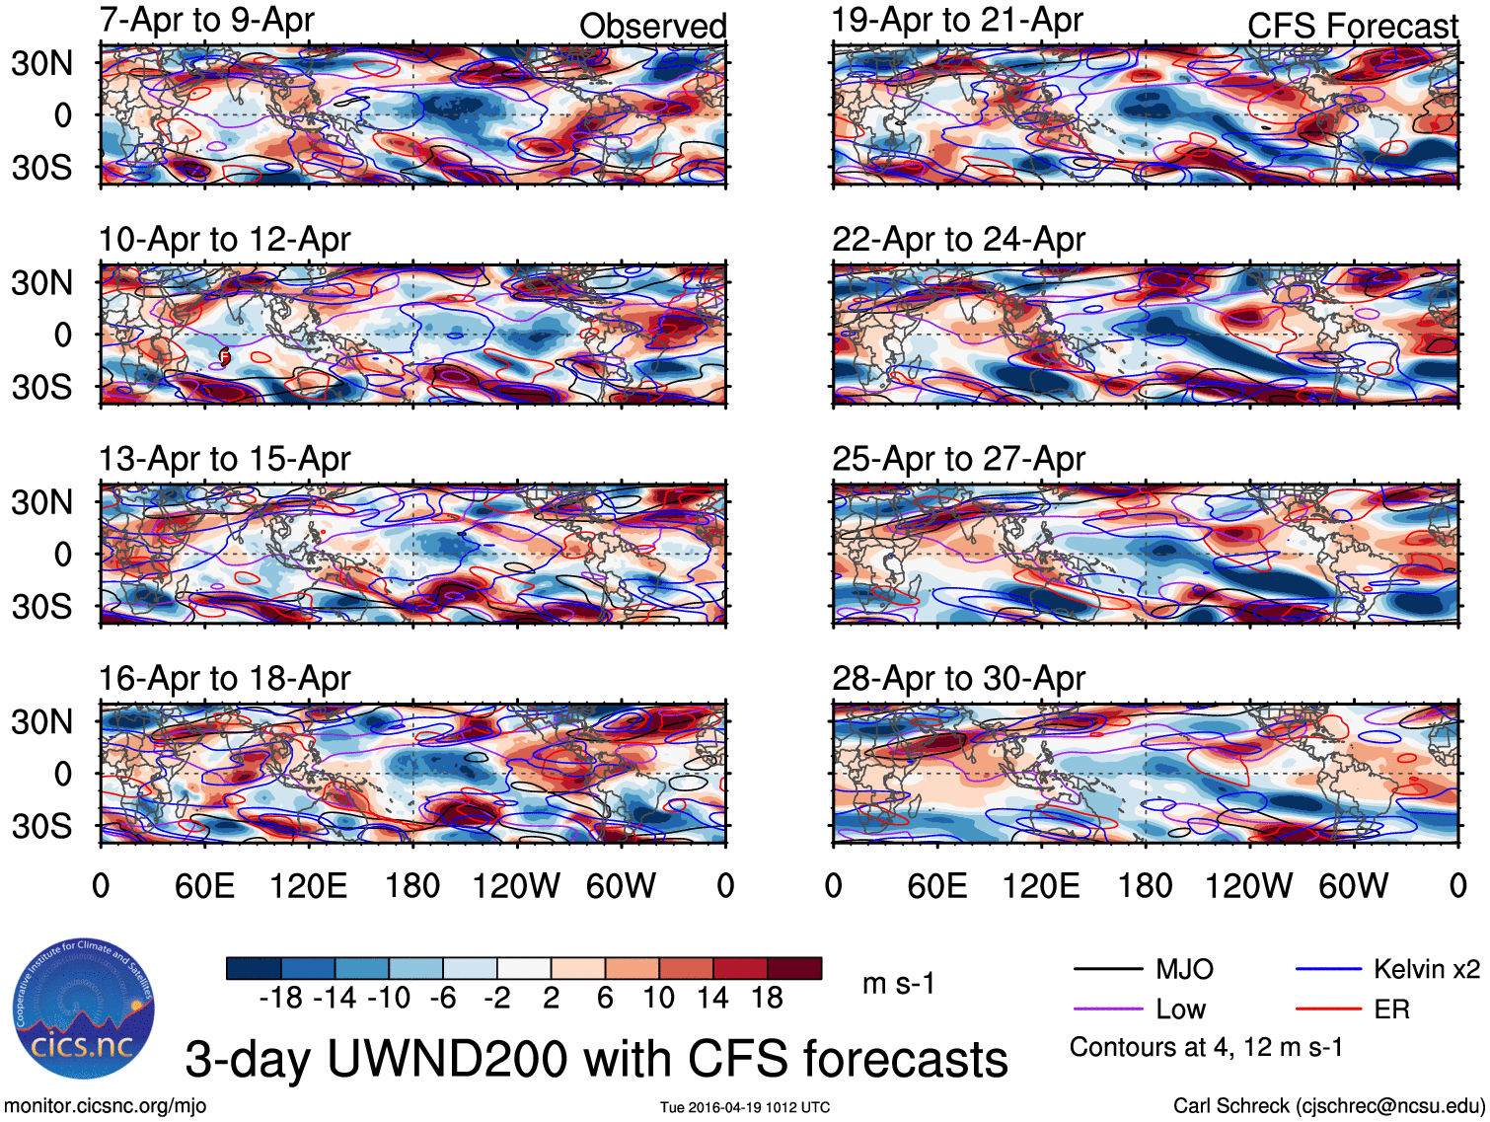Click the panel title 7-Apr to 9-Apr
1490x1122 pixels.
(x=206, y=20)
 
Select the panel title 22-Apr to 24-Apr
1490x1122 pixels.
(x=958, y=240)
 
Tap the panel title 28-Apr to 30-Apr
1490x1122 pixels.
(x=958, y=679)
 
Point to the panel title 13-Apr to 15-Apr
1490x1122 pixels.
(x=224, y=460)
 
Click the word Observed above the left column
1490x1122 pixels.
(x=652, y=27)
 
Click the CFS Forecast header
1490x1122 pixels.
(x=1352, y=27)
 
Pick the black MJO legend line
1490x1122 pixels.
(x=1107, y=970)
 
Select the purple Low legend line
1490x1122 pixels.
(x=1107, y=1010)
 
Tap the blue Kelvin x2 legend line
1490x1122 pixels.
(x=1328, y=970)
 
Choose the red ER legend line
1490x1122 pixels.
(x=1328, y=1010)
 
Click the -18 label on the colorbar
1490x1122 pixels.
(x=280, y=999)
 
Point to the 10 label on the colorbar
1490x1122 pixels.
(x=659, y=999)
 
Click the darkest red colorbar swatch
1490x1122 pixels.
(x=794, y=968)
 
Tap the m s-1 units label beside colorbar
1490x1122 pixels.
(x=898, y=984)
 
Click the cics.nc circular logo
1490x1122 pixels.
(x=83, y=1010)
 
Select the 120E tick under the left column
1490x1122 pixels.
(x=308, y=886)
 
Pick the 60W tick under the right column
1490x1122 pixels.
(x=1353, y=886)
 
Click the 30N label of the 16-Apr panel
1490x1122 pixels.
(x=41, y=722)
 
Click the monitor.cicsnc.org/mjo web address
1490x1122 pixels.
(x=106, y=1106)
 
